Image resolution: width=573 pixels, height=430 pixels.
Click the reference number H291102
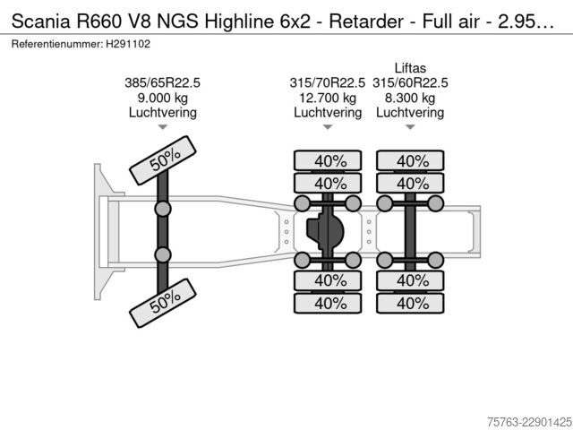point(128,44)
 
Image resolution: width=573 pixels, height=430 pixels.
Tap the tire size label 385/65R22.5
point(163,83)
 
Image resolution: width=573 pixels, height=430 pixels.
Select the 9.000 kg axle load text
point(163,98)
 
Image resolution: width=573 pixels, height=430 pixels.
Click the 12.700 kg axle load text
point(328,98)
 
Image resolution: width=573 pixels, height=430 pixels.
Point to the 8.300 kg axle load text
point(410,98)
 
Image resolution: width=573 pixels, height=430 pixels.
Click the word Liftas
point(410,68)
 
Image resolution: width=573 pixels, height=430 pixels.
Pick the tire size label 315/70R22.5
point(328,83)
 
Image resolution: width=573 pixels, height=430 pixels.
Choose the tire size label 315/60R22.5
point(410,83)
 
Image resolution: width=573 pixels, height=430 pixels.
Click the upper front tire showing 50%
point(163,160)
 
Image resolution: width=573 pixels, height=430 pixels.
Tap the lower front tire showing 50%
point(163,303)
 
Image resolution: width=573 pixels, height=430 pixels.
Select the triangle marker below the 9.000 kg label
point(163,127)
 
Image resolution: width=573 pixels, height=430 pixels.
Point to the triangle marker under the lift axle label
point(410,127)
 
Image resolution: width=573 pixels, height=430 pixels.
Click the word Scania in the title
point(40,21)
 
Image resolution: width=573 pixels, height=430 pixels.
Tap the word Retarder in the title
point(366,21)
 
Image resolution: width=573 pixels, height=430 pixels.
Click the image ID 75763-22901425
point(529,422)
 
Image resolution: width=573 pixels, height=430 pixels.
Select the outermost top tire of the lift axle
point(410,160)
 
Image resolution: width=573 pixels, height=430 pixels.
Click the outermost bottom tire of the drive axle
point(328,303)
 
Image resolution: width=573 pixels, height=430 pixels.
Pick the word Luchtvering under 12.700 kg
point(328,113)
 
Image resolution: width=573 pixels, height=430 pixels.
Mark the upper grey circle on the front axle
point(163,209)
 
